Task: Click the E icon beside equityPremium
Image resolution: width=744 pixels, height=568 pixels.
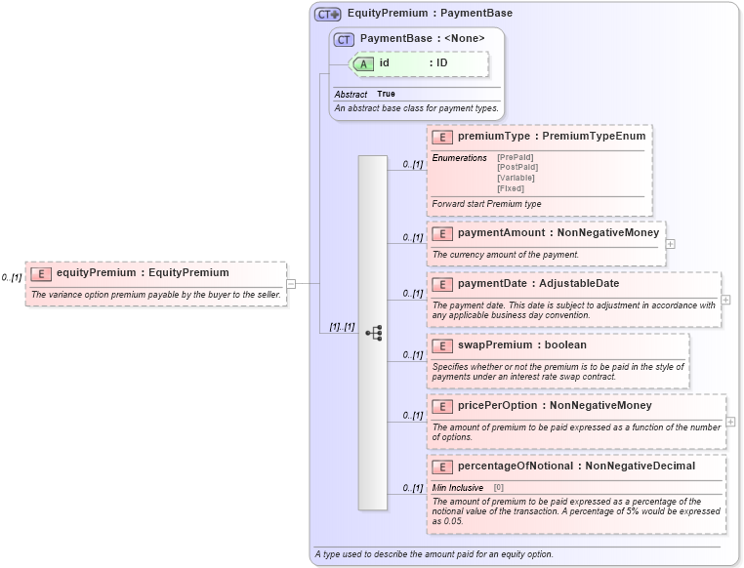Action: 41,273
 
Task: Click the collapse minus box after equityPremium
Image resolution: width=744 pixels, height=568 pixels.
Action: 291,284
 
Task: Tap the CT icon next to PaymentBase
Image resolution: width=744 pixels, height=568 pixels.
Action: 344,39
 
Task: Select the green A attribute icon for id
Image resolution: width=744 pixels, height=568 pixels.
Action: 363,63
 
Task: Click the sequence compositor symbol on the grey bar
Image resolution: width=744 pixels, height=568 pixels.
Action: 373,333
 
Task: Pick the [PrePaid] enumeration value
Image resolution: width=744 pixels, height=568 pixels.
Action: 517,157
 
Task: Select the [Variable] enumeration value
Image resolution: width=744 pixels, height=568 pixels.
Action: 517,178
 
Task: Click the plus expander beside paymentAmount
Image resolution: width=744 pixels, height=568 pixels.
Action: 671,243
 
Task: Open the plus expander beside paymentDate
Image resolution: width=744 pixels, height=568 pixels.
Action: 725,300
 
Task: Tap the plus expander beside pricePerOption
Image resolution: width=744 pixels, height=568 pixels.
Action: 730,422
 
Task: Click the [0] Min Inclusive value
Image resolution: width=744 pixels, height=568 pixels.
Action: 498,486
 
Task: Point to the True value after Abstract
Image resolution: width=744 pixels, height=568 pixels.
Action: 386,94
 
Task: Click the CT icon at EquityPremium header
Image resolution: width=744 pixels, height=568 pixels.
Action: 327,15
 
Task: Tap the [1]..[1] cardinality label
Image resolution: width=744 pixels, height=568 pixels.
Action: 335,327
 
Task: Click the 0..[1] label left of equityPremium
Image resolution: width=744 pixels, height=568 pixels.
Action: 12,278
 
